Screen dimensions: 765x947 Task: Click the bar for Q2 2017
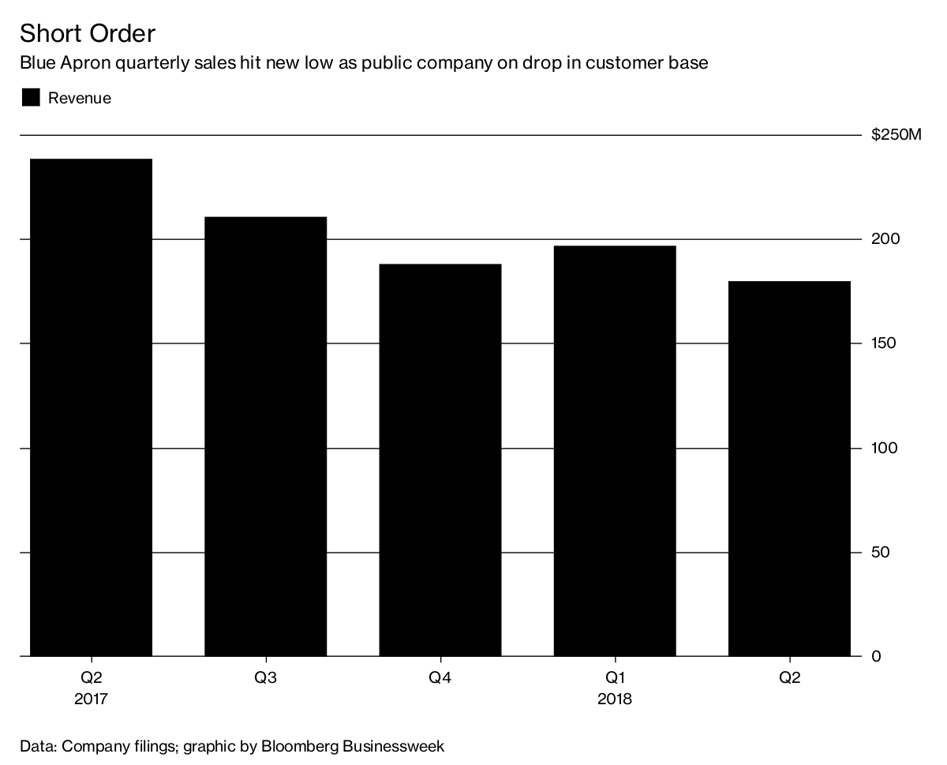click(91, 407)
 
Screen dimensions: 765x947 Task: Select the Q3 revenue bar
click(265, 436)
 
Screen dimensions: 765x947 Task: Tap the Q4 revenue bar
click(440, 459)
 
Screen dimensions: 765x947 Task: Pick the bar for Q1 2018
click(615, 451)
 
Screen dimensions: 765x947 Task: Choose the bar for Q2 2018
click(789, 468)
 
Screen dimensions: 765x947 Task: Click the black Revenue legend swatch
click(31, 98)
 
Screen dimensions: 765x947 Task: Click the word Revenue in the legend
click(80, 98)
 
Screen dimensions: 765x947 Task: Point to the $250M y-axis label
click(896, 135)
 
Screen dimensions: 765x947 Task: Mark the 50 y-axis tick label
click(880, 552)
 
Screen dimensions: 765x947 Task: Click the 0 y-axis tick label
click(875, 656)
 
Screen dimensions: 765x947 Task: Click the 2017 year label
click(91, 699)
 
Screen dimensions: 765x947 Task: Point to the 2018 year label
click(615, 699)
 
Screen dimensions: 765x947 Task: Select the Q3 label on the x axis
click(265, 677)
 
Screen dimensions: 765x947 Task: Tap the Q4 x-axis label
click(440, 677)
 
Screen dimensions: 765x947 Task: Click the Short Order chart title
click(88, 33)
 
